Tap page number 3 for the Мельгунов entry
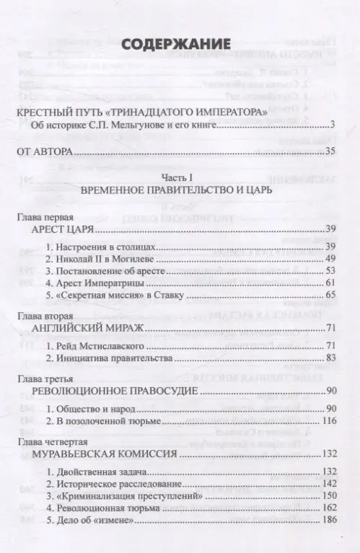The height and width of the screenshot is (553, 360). coord(335,125)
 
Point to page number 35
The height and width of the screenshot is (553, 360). coord(332,151)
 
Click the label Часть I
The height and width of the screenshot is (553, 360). coord(180,177)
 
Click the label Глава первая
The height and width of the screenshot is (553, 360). coord(40,218)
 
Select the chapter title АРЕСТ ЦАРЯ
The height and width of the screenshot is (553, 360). coord(59,230)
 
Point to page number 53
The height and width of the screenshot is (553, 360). coord(332,270)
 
